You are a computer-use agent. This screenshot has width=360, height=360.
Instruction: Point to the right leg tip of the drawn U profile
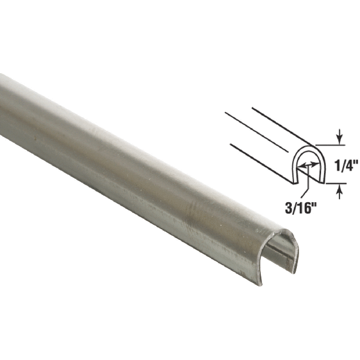coord(322,182)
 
